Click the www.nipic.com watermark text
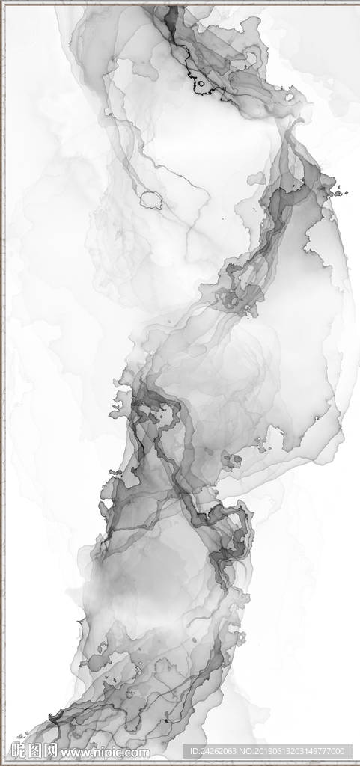pos(105,752)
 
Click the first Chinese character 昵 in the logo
pos(20,750)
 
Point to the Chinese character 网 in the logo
pos(51,750)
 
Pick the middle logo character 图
pos(35,750)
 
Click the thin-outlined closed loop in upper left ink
pos(151,200)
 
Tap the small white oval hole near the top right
pos(289,96)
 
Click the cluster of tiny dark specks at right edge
pos(338,192)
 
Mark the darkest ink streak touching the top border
pos(172,15)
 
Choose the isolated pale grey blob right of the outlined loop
pos(256,178)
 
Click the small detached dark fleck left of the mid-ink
pos(115,473)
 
